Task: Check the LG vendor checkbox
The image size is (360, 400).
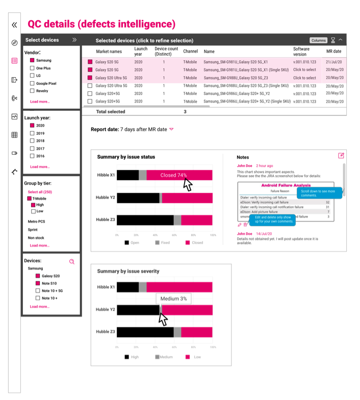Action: (x=33, y=76)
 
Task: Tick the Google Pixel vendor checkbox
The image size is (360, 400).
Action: (x=33, y=83)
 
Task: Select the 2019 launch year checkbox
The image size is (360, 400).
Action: (x=32, y=133)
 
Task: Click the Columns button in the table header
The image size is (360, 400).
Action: (x=318, y=40)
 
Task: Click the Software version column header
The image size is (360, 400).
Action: (x=301, y=51)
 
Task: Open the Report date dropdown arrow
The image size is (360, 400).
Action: (x=171, y=130)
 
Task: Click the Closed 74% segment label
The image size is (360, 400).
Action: (x=173, y=175)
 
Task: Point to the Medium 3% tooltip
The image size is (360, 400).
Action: (x=173, y=298)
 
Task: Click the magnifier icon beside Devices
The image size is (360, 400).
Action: (x=72, y=261)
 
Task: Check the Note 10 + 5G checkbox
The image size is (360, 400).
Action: (x=37, y=290)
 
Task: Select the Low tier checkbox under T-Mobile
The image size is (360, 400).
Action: (x=33, y=211)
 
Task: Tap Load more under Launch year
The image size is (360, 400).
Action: (x=40, y=167)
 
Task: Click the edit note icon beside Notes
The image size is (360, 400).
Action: (x=341, y=156)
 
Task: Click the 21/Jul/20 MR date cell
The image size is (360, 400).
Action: (x=334, y=61)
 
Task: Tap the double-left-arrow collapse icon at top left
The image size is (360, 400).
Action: (x=14, y=24)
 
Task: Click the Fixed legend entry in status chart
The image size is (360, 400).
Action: (x=162, y=243)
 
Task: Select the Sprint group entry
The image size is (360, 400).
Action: (x=33, y=230)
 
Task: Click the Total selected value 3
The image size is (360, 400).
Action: (x=185, y=111)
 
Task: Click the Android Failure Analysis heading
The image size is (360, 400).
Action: (x=286, y=186)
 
